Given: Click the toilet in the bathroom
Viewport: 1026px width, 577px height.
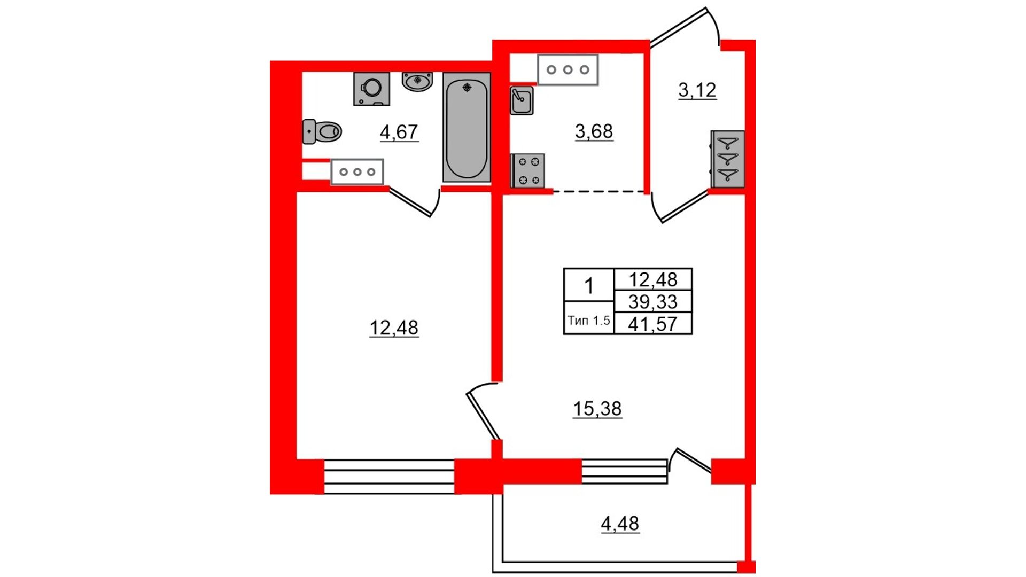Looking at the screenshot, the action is [x=322, y=131].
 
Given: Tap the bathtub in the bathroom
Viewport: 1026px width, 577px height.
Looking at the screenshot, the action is [x=467, y=127].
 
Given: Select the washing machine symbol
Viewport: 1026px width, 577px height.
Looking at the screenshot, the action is [x=371, y=89].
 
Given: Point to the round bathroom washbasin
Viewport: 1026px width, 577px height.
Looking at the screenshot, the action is [x=417, y=82].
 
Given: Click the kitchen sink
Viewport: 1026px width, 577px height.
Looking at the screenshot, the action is [x=522, y=100].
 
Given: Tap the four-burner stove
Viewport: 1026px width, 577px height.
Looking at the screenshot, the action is [x=528, y=171].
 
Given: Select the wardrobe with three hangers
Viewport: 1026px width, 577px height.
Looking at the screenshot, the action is [x=727, y=159].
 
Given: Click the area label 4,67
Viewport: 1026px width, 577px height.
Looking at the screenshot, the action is [x=399, y=132].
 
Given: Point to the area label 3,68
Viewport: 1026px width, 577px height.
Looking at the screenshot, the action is [x=594, y=131].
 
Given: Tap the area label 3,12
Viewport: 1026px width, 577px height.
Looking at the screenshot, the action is [x=697, y=90].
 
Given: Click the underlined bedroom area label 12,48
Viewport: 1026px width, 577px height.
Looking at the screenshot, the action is [x=394, y=328].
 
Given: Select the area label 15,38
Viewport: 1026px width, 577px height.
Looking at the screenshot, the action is [x=597, y=409].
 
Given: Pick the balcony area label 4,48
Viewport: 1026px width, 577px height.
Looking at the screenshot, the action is [x=620, y=524].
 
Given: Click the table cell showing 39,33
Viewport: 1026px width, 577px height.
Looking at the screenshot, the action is [x=653, y=302].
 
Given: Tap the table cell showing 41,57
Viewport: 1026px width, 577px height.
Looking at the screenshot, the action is [x=653, y=324].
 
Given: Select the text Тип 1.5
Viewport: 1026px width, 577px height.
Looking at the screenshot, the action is [x=588, y=321].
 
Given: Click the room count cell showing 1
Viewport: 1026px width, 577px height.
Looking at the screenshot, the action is [x=589, y=286].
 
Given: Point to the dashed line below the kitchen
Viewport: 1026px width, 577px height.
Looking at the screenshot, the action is [x=598, y=191].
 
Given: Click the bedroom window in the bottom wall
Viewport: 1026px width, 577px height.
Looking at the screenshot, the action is [x=389, y=477].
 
